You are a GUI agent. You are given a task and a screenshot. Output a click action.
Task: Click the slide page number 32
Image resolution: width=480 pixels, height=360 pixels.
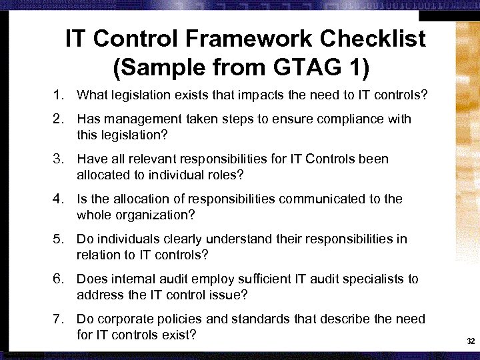pyautogui.click(x=471, y=341)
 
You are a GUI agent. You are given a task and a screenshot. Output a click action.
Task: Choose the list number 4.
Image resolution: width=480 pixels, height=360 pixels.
pyautogui.click(x=59, y=199)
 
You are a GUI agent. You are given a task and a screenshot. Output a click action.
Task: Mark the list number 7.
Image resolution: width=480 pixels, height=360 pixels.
pyautogui.click(x=59, y=319)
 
